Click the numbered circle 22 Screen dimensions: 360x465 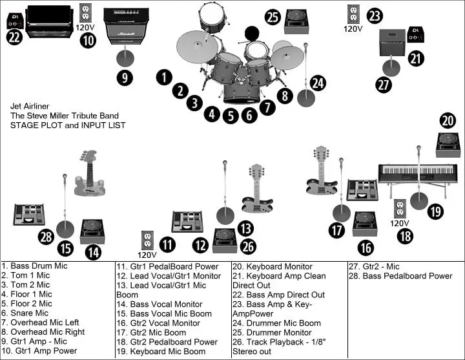(x=14, y=37)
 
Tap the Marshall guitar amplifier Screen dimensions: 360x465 (x=126, y=26)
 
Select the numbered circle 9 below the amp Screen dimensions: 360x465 (x=125, y=78)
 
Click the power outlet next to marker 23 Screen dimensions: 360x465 (x=353, y=14)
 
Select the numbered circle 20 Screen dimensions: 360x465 (x=448, y=120)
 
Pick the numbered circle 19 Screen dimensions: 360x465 (x=435, y=211)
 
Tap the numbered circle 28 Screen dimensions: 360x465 (x=46, y=237)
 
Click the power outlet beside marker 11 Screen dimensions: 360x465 (x=147, y=240)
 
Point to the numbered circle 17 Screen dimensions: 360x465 (x=336, y=229)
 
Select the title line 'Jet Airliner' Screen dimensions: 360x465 (x=30, y=106)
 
